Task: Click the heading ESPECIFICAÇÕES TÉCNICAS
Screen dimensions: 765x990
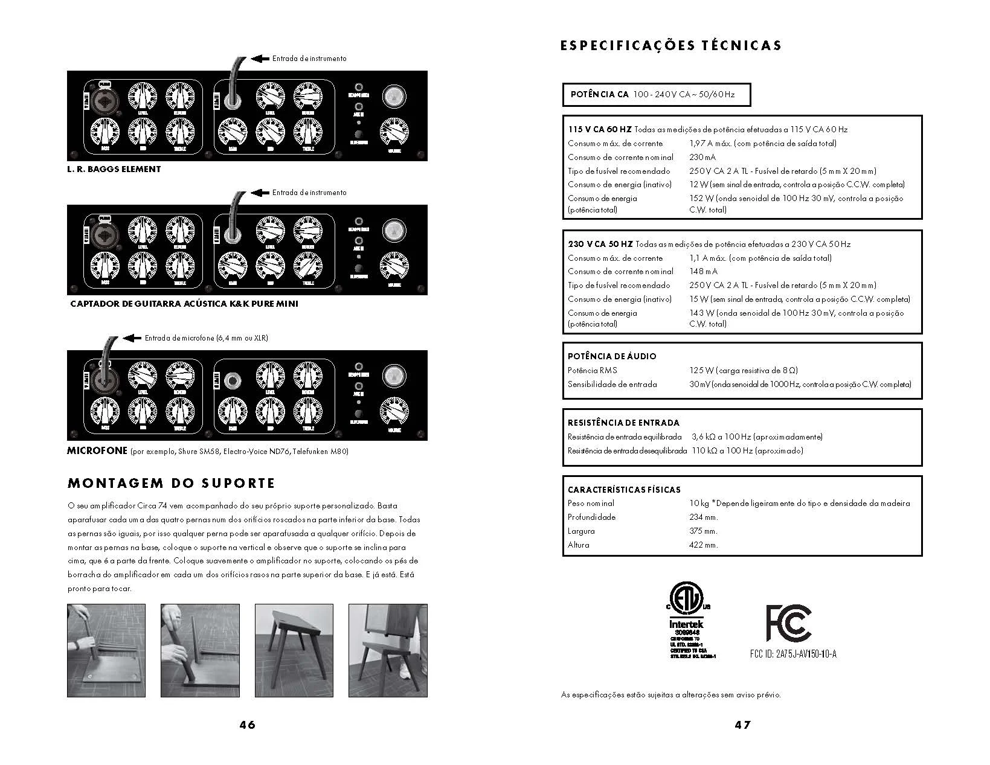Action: [x=670, y=46]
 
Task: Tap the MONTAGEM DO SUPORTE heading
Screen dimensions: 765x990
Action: [x=172, y=483]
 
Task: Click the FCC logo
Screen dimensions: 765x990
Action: [x=788, y=623]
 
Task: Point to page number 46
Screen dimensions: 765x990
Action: [x=247, y=725]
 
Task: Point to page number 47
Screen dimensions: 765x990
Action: [x=742, y=725]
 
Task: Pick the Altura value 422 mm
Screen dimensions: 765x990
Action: [x=703, y=545]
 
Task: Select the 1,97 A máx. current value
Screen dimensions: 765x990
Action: [x=710, y=144]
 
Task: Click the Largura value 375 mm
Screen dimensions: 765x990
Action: [x=703, y=531]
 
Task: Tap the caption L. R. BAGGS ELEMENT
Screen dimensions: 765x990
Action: [x=114, y=169]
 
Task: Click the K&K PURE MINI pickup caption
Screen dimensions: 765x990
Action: [x=184, y=304]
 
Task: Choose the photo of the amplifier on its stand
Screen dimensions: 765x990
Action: [x=388, y=650]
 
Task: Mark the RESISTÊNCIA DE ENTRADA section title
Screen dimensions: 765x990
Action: [x=623, y=423]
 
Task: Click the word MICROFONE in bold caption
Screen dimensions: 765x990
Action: [x=97, y=450]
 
